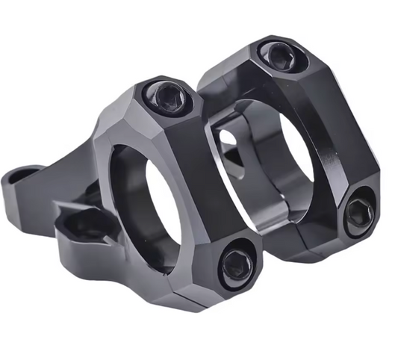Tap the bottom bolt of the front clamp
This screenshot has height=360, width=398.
pyautogui.click(x=237, y=262)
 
